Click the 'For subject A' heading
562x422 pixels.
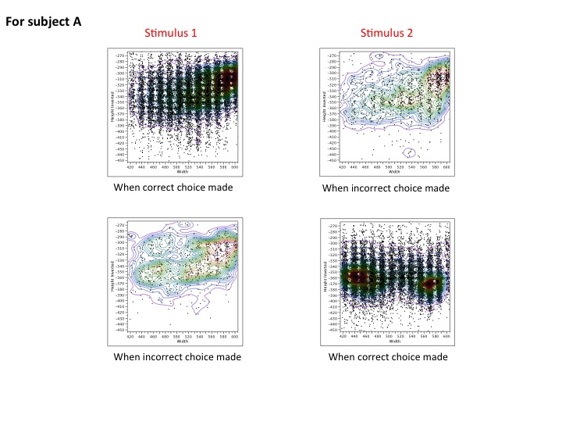click(43, 22)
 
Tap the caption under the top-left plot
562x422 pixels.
click(173, 188)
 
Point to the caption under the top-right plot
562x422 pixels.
click(386, 188)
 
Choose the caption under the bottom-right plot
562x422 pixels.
click(388, 357)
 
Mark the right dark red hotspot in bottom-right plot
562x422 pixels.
click(432, 284)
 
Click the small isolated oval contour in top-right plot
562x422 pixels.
click(410, 152)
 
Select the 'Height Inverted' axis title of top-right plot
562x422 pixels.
click(325, 106)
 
